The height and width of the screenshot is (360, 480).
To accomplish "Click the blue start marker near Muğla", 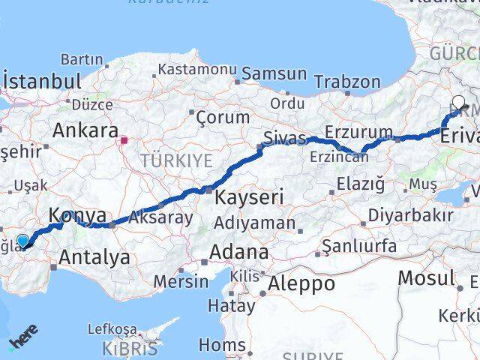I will [x=23, y=241].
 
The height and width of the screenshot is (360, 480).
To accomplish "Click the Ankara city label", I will [x=85, y=130].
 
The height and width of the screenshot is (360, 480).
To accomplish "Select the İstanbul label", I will [x=42, y=81].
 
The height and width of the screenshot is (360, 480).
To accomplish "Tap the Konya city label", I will [x=77, y=216].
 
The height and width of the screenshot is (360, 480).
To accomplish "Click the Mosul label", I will [x=426, y=277].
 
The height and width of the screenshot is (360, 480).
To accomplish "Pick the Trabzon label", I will [x=347, y=82].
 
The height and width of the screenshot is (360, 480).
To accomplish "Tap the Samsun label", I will [x=274, y=73].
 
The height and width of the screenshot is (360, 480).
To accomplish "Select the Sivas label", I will [x=284, y=139].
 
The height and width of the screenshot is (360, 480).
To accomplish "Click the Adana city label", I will [x=239, y=251].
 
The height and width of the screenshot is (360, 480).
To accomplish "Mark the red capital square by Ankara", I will [x=124, y=139].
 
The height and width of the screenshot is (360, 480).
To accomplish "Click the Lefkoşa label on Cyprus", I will [x=112, y=328].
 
